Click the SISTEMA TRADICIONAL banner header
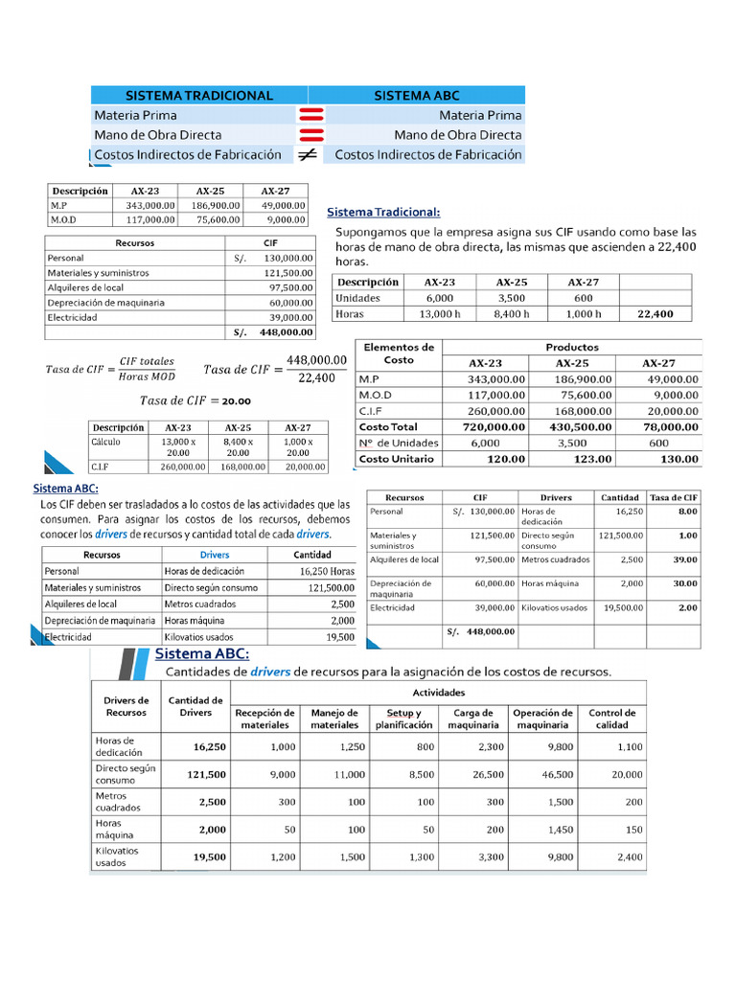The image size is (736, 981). tap(199, 95)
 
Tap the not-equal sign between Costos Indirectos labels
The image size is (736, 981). tap(308, 154)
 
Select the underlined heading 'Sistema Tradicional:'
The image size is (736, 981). tap(384, 212)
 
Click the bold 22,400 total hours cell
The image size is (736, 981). tap(655, 313)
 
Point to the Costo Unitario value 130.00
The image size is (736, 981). tap(679, 459)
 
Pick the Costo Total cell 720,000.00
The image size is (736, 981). tap(490, 426)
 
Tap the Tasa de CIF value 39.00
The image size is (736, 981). tap(685, 559)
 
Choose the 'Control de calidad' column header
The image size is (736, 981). tap(611, 719)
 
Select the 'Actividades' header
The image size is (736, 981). tap(438, 692)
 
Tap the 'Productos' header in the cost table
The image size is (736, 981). tap(572, 348)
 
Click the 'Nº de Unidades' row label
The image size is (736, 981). tap(398, 443)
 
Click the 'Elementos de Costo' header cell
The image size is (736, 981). tap(399, 354)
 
